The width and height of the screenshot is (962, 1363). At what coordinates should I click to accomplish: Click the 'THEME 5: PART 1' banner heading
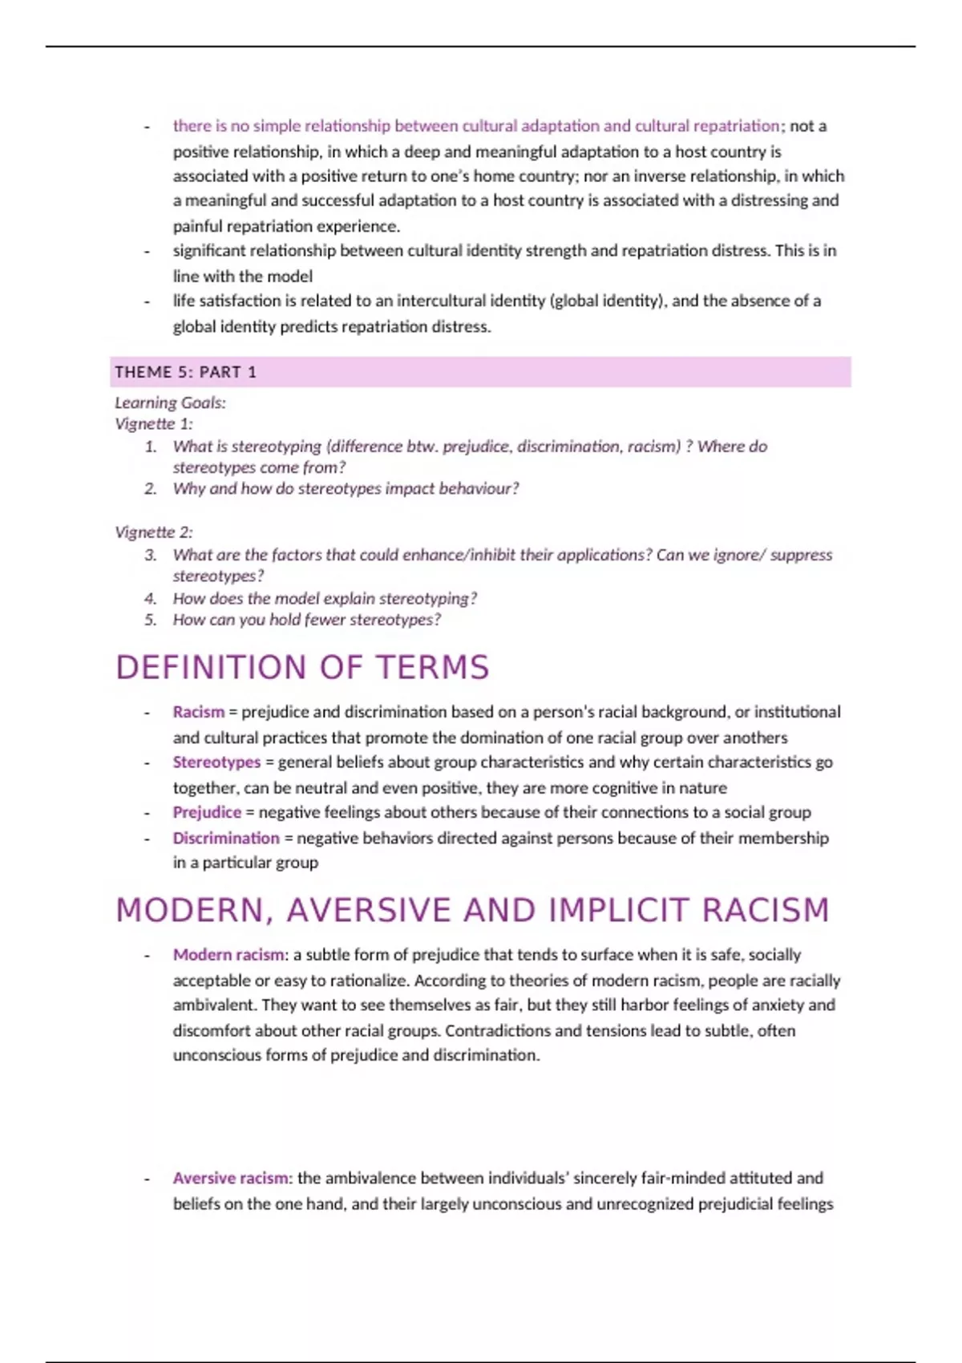[185, 372]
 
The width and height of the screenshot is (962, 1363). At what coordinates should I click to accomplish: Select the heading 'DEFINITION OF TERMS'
[302, 668]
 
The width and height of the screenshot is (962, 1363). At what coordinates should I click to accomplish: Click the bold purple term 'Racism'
[198, 712]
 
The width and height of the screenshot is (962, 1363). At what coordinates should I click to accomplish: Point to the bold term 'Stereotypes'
[216, 762]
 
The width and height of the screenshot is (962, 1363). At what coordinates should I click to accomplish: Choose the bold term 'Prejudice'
[207, 812]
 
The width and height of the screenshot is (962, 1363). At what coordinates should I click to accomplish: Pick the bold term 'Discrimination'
[226, 838]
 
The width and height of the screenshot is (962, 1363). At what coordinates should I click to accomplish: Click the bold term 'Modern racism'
[228, 955]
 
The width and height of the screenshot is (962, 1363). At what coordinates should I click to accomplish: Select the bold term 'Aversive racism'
[232, 1178]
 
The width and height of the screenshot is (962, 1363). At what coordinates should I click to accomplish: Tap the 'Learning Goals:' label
[170, 402]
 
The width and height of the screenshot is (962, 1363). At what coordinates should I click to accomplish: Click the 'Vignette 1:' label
[154, 423]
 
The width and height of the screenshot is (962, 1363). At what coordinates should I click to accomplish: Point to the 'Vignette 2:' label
[154, 532]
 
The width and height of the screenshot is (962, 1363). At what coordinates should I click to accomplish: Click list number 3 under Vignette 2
[151, 555]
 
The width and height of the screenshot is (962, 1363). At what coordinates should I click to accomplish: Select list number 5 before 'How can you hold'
[151, 620]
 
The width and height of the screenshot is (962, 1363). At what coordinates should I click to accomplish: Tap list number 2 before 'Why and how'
[151, 488]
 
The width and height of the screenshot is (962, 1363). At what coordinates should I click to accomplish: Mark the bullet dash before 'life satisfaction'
[147, 301]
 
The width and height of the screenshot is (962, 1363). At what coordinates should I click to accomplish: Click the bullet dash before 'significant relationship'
[147, 251]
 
